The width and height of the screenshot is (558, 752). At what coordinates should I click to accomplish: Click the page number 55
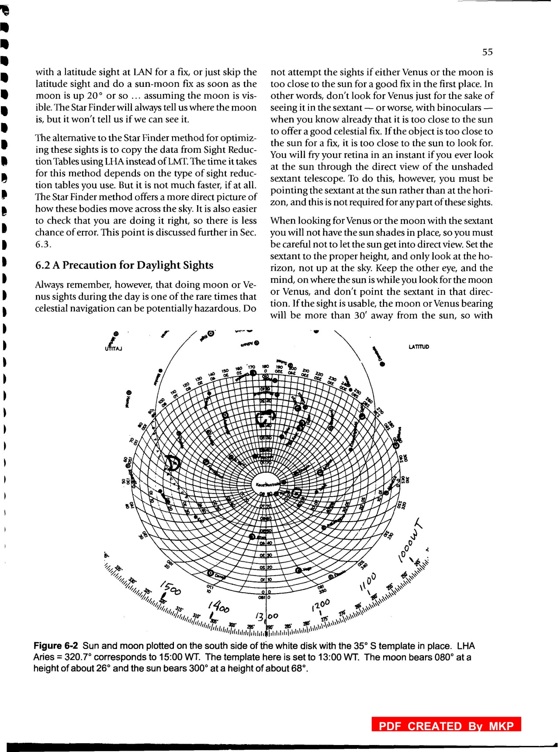(x=487, y=52)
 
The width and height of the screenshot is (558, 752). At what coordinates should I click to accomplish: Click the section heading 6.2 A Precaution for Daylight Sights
(x=124, y=265)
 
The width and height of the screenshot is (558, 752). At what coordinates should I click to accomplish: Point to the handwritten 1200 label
(x=322, y=605)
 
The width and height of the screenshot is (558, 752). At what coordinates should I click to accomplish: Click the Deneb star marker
(x=211, y=573)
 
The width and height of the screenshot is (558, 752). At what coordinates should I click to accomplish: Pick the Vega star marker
(x=299, y=570)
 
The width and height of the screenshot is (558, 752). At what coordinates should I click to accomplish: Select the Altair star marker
(x=252, y=536)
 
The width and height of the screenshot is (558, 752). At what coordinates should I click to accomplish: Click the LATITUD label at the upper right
(x=419, y=347)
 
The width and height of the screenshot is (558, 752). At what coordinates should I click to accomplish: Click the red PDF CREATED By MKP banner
(x=446, y=726)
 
